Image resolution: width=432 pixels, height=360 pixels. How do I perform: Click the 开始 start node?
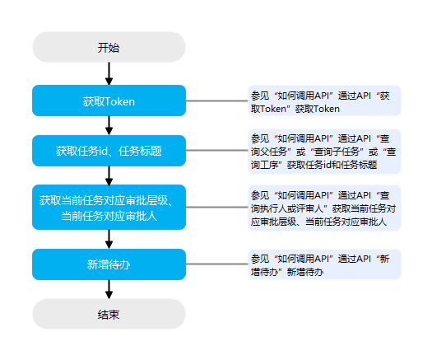click(109, 47)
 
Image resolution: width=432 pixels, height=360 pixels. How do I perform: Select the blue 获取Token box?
click(109, 101)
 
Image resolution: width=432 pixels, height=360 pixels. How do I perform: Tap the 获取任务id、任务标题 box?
click(109, 151)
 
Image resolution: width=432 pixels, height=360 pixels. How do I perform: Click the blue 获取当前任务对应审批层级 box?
click(109, 207)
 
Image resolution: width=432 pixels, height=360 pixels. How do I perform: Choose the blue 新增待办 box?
click(109, 264)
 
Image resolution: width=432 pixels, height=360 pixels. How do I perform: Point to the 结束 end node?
click(109, 314)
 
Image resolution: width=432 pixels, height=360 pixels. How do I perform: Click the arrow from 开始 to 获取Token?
click(109, 73)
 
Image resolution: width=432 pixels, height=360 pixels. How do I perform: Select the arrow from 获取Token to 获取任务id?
click(109, 125)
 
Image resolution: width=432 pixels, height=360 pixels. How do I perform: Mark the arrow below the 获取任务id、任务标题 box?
click(109, 175)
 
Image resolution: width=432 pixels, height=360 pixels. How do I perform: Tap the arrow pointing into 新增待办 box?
click(109, 240)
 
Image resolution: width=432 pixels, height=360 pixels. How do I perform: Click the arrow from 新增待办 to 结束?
click(109, 289)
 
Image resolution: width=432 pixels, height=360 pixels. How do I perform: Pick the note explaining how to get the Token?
click(324, 101)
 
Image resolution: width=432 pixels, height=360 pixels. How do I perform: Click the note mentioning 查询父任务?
click(324, 152)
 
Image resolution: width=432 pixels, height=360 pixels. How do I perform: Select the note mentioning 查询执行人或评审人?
click(324, 208)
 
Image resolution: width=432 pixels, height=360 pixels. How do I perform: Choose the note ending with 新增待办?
click(324, 264)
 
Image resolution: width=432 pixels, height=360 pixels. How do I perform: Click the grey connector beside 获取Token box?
click(217, 101)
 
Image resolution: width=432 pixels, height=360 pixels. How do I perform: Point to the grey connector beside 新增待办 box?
click(217, 264)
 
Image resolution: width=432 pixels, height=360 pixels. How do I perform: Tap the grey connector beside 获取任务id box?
click(217, 151)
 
